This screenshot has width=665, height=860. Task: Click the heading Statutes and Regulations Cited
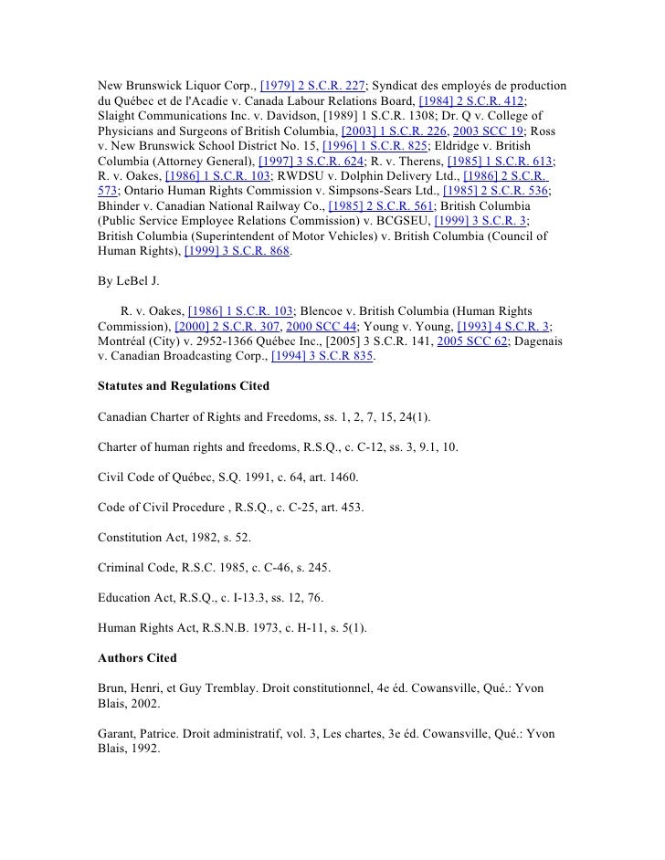[184, 386]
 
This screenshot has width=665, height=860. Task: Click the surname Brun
[113, 687]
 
